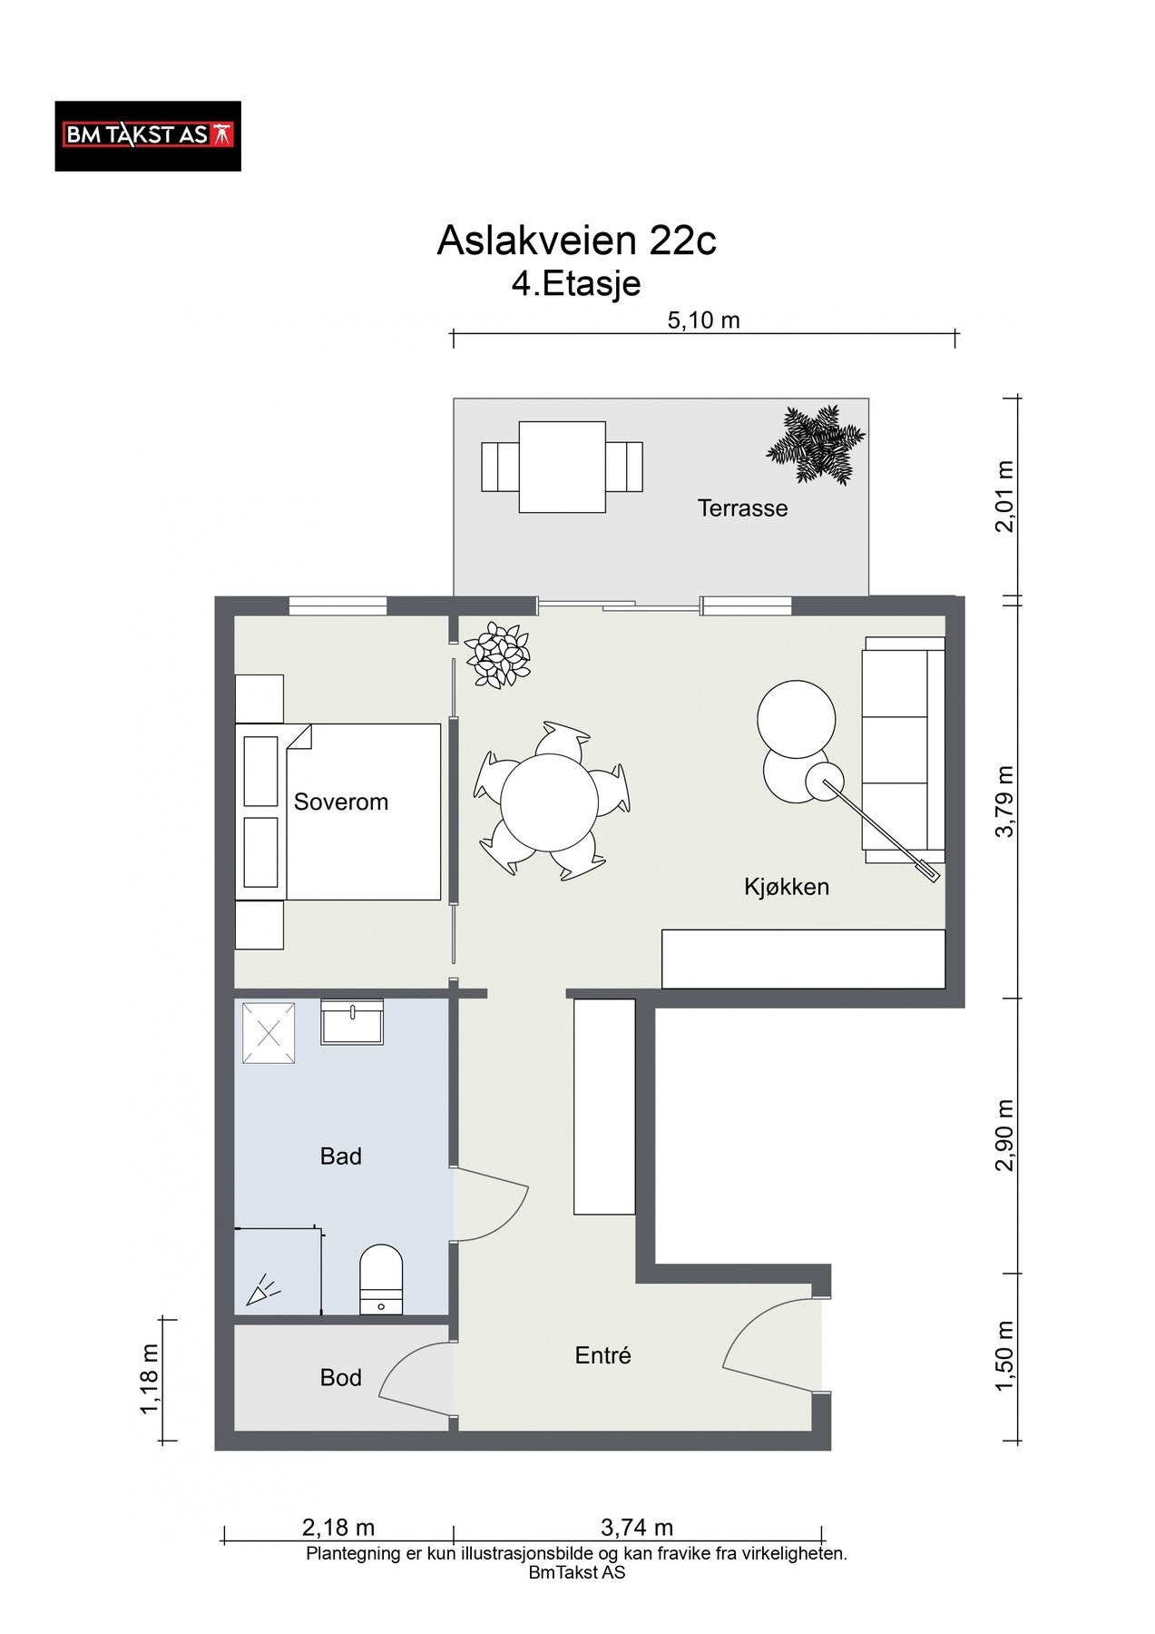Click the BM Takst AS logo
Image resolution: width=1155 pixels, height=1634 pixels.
pyautogui.click(x=148, y=136)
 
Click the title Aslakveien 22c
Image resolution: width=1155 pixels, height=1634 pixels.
pyautogui.click(x=576, y=241)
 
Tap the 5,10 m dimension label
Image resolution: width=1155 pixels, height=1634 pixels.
pyautogui.click(x=703, y=320)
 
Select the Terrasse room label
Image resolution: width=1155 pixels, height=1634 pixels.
pyautogui.click(x=742, y=508)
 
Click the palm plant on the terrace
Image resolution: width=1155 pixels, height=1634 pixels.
pyautogui.click(x=816, y=445)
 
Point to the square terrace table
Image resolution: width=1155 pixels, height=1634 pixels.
pyautogui.click(x=563, y=467)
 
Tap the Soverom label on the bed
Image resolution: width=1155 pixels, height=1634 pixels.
pyautogui.click(x=341, y=802)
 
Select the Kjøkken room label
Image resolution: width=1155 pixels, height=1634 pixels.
pyautogui.click(x=787, y=887)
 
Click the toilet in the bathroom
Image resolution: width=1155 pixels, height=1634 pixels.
pyautogui.click(x=381, y=1279)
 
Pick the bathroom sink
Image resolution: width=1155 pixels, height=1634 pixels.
pyautogui.click(x=352, y=1022)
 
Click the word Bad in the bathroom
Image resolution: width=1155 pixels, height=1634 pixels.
pyautogui.click(x=341, y=1157)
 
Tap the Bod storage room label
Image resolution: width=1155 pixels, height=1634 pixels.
pyautogui.click(x=341, y=1378)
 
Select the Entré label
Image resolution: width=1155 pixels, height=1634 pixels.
pyautogui.click(x=603, y=1355)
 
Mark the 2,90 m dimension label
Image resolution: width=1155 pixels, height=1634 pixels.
pyautogui.click(x=1004, y=1136)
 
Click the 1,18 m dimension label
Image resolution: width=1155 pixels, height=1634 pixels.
pyautogui.click(x=150, y=1379)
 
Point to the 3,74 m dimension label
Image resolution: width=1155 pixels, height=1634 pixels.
pyautogui.click(x=637, y=1528)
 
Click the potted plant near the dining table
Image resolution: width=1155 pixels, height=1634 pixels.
pyautogui.click(x=497, y=655)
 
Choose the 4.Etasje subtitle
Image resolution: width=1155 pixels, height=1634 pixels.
pyautogui.click(x=576, y=284)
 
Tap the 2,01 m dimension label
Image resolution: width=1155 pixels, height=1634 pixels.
pyautogui.click(x=1004, y=497)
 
